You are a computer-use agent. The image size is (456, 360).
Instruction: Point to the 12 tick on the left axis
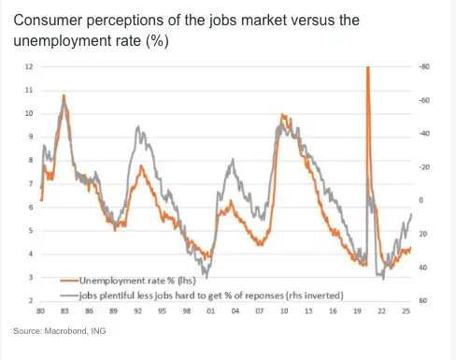(29, 66)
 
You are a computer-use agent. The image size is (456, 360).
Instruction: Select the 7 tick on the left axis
(31, 183)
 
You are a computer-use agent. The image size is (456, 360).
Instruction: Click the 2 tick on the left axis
(31, 300)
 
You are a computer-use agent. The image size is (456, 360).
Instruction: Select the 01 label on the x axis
(210, 310)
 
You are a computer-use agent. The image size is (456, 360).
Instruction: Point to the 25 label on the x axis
(404, 310)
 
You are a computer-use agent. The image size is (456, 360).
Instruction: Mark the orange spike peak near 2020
(367, 68)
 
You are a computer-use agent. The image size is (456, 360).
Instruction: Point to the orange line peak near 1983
(64, 95)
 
